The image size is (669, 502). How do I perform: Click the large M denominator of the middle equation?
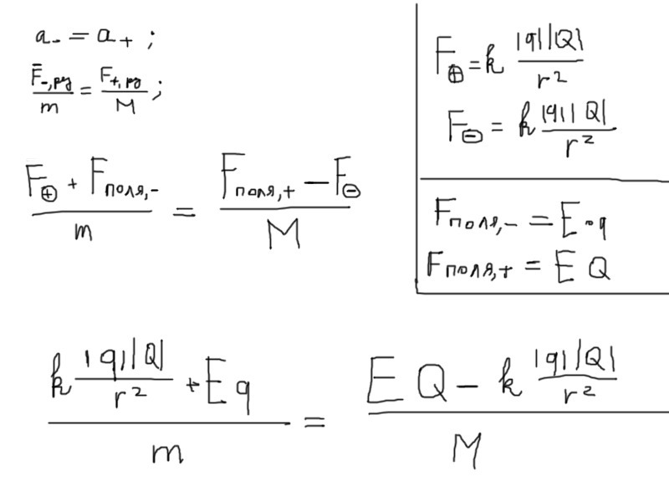coord(284,236)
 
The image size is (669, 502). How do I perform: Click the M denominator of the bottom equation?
coord(466,451)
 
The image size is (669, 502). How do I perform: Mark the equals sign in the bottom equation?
coord(313,423)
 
